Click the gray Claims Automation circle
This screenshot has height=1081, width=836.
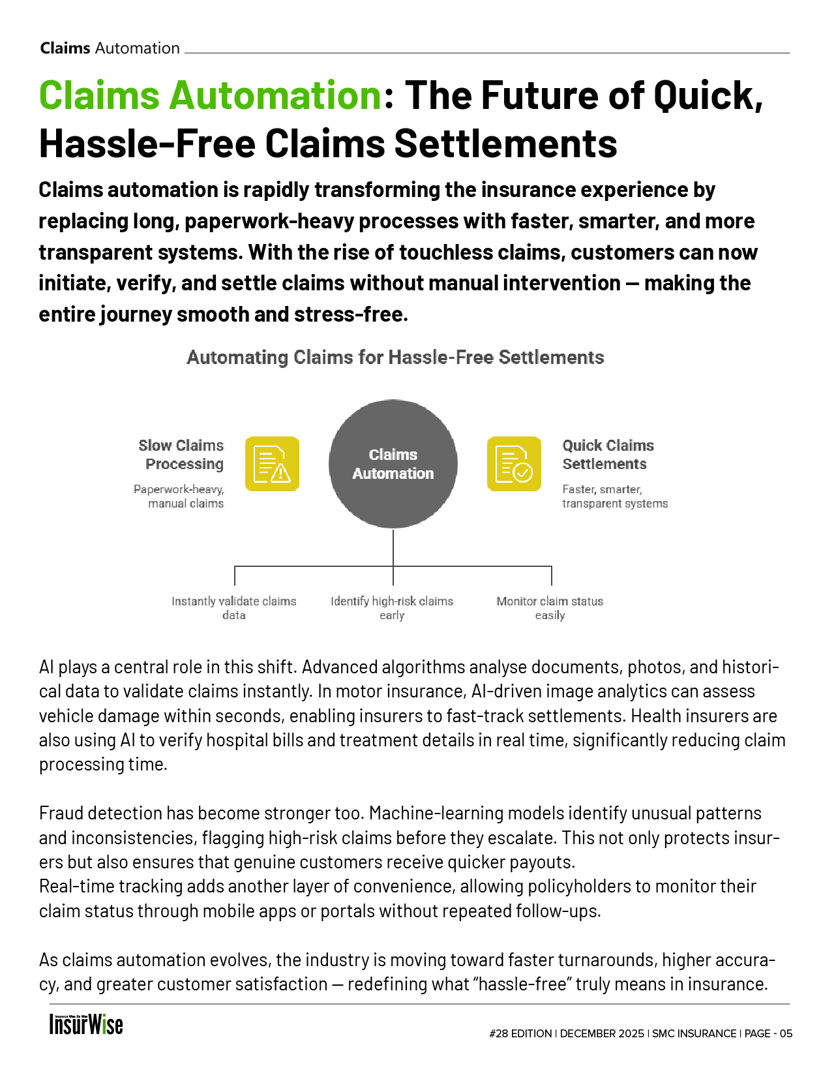pyautogui.click(x=393, y=464)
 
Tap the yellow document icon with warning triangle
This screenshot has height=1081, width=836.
pyautogui.click(x=272, y=464)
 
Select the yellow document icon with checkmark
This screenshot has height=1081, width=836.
pyautogui.click(x=514, y=464)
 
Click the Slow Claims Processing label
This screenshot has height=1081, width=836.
pyautogui.click(x=182, y=455)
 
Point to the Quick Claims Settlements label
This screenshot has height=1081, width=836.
pyautogui.click(x=608, y=455)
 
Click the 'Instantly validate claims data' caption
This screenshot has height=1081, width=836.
pyautogui.click(x=233, y=608)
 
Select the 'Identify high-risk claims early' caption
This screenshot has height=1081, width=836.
pyautogui.click(x=392, y=608)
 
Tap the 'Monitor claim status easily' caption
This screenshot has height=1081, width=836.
pyautogui.click(x=550, y=608)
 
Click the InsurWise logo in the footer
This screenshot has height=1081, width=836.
pyautogui.click(x=86, y=1024)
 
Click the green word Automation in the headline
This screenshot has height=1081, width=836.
pyautogui.click(x=275, y=95)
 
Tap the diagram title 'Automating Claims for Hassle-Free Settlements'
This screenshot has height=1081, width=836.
pyautogui.click(x=395, y=358)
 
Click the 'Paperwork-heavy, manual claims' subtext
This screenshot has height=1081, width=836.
pyautogui.click(x=179, y=496)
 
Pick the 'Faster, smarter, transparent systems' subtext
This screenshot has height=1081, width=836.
pyautogui.click(x=614, y=496)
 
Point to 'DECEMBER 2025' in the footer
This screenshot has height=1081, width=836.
pyautogui.click(x=602, y=1033)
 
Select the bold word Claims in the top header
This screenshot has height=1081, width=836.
pyautogui.click(x=65, y=48)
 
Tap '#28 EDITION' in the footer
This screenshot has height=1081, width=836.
pyautogui.click(x=520, y=1033)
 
